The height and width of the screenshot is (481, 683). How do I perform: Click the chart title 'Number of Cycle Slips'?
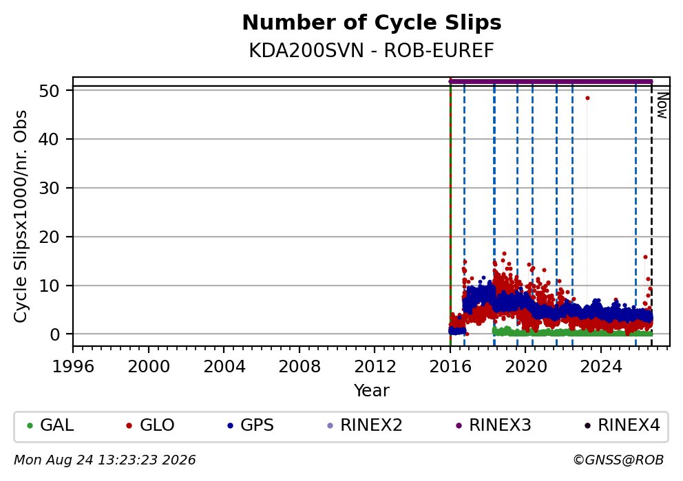click(x=372, y=23)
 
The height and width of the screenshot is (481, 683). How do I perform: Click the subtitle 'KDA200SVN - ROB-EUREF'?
click(x=372, y=50)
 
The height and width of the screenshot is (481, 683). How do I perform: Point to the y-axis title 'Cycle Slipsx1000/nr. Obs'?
click(x=20, y=216)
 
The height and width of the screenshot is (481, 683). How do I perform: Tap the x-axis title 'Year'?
click(x=372, y=390)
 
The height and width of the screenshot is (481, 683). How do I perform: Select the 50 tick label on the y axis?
click(x=49, y=91)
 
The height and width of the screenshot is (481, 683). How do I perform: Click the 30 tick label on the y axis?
click(x=49, y=188)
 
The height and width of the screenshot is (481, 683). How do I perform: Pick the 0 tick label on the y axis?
click(x=55, y=334)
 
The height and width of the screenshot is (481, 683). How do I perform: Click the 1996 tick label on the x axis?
click(x=73, y=367)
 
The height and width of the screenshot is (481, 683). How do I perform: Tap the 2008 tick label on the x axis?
click(x=300, y=367)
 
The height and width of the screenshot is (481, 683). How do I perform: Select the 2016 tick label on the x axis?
click(x=450, y=367)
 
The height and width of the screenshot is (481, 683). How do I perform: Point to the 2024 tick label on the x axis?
click(x=600, y=367)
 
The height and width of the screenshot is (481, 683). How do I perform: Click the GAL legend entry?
click(x=50, y=425)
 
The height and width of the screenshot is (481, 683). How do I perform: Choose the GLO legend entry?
click(x=150, y=425)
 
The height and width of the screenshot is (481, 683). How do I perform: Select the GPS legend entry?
click(x=251, y=425)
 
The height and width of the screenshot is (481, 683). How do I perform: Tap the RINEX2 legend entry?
click(x=365, y=425)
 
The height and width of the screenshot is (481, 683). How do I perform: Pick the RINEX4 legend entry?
click(x=622, y=425)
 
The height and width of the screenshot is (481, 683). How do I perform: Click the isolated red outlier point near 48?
click(x=587, y=98)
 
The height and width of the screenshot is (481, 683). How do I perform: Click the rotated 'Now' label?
click(x=662, y=105)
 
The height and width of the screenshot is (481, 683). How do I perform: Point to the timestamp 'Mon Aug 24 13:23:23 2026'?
click(x=105, y=460)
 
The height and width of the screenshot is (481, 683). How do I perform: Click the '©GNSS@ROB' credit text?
click(x=618, y=460)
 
